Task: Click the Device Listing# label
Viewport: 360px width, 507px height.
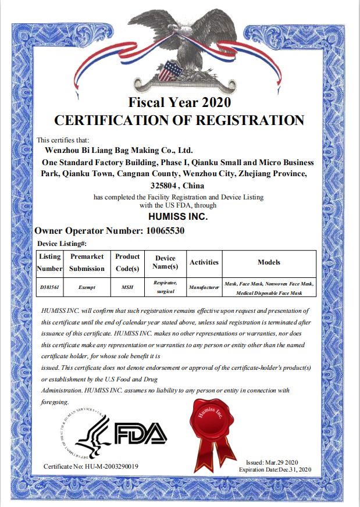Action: tap(62, 244)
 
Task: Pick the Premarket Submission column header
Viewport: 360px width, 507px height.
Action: tap(87, 263)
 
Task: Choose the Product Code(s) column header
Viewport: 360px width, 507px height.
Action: tap(127, 263)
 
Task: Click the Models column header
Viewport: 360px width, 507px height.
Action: tap(269, 263)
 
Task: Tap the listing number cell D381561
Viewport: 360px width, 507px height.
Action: tap(49, 287)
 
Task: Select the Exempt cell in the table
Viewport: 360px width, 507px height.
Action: tap(87, 287)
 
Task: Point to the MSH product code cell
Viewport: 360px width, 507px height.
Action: tap(127, 287)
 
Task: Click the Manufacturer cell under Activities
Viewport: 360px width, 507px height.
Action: tap(204, 287)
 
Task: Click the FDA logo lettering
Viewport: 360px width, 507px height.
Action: tap(140, 433)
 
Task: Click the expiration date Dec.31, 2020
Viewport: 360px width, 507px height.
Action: tap(295, 469)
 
